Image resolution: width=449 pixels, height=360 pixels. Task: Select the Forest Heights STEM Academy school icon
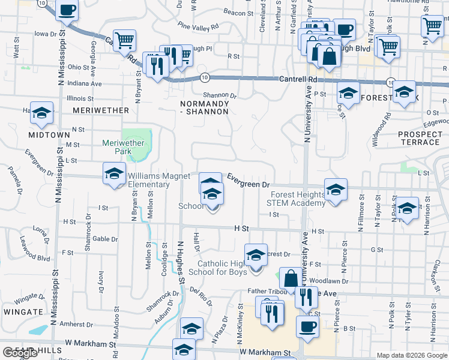336,189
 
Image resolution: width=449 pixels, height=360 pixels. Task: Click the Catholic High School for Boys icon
256,254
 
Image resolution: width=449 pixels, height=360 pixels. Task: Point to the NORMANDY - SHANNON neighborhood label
205,107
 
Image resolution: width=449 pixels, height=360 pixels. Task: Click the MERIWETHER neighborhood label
100,110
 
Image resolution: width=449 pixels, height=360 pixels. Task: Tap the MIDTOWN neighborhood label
49,135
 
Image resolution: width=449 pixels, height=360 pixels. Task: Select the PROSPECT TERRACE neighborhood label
419,137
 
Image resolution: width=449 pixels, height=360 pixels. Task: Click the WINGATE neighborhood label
22,312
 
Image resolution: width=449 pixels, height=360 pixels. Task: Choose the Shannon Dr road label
220,95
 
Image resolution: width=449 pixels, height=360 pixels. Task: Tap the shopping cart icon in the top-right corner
432,26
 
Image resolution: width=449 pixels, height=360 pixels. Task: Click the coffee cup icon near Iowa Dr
67,10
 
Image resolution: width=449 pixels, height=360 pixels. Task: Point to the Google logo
20,352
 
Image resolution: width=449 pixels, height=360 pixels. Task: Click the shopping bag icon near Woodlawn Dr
291,278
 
